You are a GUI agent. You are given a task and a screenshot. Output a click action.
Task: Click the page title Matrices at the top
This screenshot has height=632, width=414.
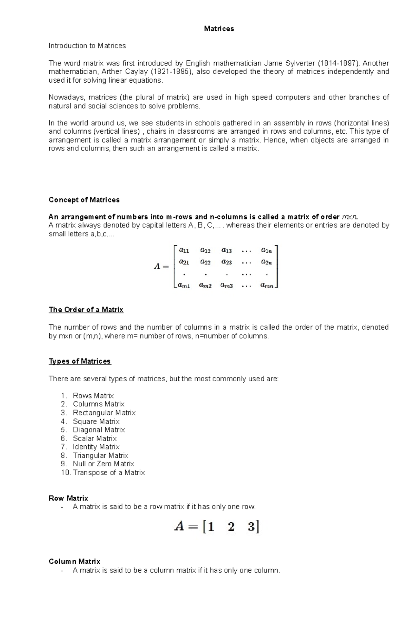coord(219,29)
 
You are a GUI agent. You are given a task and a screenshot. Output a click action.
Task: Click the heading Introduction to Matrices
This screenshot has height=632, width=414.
coord(87,46)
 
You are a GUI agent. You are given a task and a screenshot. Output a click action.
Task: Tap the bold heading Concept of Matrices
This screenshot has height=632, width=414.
coord(84,200)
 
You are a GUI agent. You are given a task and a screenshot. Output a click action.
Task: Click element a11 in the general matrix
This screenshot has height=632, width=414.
coord(184,250)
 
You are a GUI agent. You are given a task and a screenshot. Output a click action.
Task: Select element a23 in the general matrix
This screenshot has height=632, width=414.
coord(226,262)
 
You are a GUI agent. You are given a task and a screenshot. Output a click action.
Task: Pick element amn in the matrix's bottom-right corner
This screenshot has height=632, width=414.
coord(267,285)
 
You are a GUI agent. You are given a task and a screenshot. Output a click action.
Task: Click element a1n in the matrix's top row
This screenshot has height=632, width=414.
coord(266,250)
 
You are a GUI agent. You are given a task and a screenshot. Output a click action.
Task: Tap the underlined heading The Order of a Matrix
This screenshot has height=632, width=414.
coord(86,310)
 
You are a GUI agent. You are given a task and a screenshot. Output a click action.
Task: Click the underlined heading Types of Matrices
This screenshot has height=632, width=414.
coord(80,361)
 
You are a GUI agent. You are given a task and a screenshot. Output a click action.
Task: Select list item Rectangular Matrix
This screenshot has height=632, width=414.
coord(104,413)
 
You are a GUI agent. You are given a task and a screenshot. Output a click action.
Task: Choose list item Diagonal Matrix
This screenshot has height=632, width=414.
coord(99,430)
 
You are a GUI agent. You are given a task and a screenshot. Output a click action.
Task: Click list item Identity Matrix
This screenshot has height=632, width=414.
coord(96,447)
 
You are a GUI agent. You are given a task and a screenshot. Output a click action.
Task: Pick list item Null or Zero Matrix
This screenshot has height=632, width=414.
coord(103,464)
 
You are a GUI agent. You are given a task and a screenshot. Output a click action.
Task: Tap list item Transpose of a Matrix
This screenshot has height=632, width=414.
coord(109,473)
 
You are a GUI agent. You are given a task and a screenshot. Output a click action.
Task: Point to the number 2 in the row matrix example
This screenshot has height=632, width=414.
coord(231,527)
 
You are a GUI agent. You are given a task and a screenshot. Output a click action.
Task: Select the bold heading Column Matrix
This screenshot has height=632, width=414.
coord(75,562)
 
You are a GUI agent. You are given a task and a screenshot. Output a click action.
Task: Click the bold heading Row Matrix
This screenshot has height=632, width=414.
coord(68,498)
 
